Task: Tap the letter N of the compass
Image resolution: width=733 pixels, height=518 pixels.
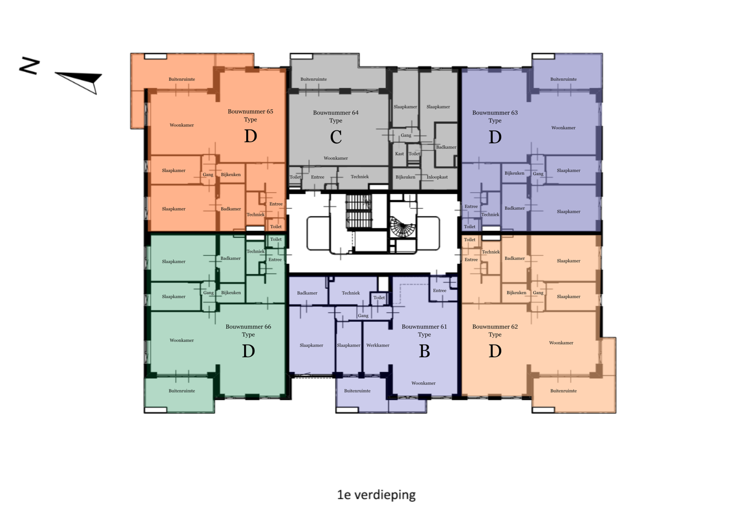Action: coord(30,66)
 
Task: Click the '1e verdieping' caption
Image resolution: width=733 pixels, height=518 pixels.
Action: coord(376,495)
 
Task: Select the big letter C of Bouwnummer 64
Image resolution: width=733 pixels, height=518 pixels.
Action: coord(336,137)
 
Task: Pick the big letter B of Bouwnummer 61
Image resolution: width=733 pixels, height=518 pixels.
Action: coord(424,351)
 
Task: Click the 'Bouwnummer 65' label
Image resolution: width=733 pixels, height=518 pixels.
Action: coord(250,111)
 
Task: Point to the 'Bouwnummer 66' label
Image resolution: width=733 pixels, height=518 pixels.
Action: coord(248,327)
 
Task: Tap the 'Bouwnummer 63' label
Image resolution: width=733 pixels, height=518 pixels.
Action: coord(495,113)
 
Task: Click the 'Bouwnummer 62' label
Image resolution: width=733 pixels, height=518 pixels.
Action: coord(495,327)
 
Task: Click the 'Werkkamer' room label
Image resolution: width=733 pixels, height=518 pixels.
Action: coord(378,345)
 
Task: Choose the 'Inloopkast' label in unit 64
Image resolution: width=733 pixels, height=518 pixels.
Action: coord(437,177)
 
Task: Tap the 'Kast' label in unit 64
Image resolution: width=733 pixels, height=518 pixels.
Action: coord(399,154)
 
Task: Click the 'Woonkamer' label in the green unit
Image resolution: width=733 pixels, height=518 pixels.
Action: coord(182,340)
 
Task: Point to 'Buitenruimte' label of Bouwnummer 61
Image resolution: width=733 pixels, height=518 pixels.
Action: coord(357,391)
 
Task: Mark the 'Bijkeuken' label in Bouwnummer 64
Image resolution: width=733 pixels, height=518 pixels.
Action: coord(405,177)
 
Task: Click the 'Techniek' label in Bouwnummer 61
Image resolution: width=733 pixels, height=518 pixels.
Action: coord(351,293)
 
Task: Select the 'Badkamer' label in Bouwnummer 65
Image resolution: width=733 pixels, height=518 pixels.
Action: coord(231,209)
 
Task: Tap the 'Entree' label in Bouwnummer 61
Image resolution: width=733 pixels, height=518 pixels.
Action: coord(440,291)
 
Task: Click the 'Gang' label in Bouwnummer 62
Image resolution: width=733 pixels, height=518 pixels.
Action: coord(538,293)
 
